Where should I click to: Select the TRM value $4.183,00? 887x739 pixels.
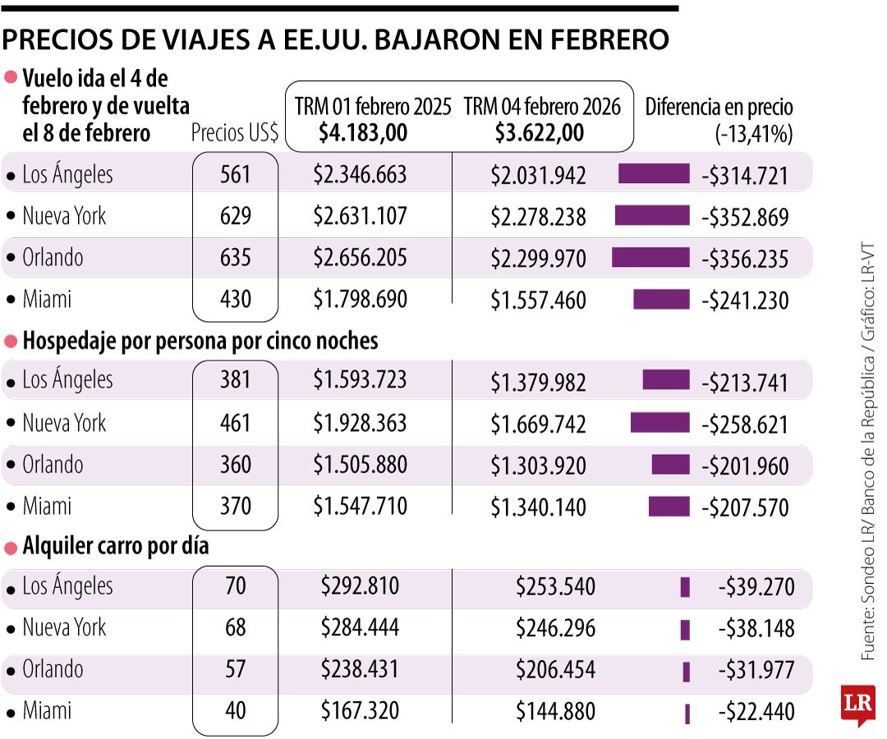(363, 131)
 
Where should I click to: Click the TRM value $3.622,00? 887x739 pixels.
(540, 131)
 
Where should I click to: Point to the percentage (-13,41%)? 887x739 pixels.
(753, 134)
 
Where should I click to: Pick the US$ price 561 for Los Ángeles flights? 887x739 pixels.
(235, 174)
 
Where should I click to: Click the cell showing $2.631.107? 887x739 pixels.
(360, 216)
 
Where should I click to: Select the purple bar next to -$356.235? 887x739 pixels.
(650, 258)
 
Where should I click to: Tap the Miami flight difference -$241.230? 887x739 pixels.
(745, 300)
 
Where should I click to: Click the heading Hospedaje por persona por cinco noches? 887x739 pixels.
(200, 340)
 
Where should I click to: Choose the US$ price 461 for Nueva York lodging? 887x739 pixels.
(235, 423)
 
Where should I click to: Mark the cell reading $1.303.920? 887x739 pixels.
(538, 466)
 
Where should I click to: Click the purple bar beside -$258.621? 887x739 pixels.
(660, 423)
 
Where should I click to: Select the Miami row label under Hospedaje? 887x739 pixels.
(47, 507)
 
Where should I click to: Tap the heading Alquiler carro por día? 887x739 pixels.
(115, 546)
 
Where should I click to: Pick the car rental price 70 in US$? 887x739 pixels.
(235, 586)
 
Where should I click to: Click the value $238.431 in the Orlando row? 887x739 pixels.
(360, 669)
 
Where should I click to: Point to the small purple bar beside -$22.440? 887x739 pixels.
(687, 713)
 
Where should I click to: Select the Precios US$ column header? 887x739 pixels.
(234, 133)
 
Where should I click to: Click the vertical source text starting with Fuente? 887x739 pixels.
(868, 452)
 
